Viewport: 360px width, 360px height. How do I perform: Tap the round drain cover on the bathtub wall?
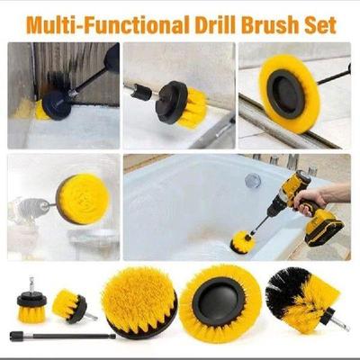pyautogui.click(x=253, y=181)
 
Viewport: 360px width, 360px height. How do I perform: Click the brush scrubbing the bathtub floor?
pyautogui.click(x=241, y=240)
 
